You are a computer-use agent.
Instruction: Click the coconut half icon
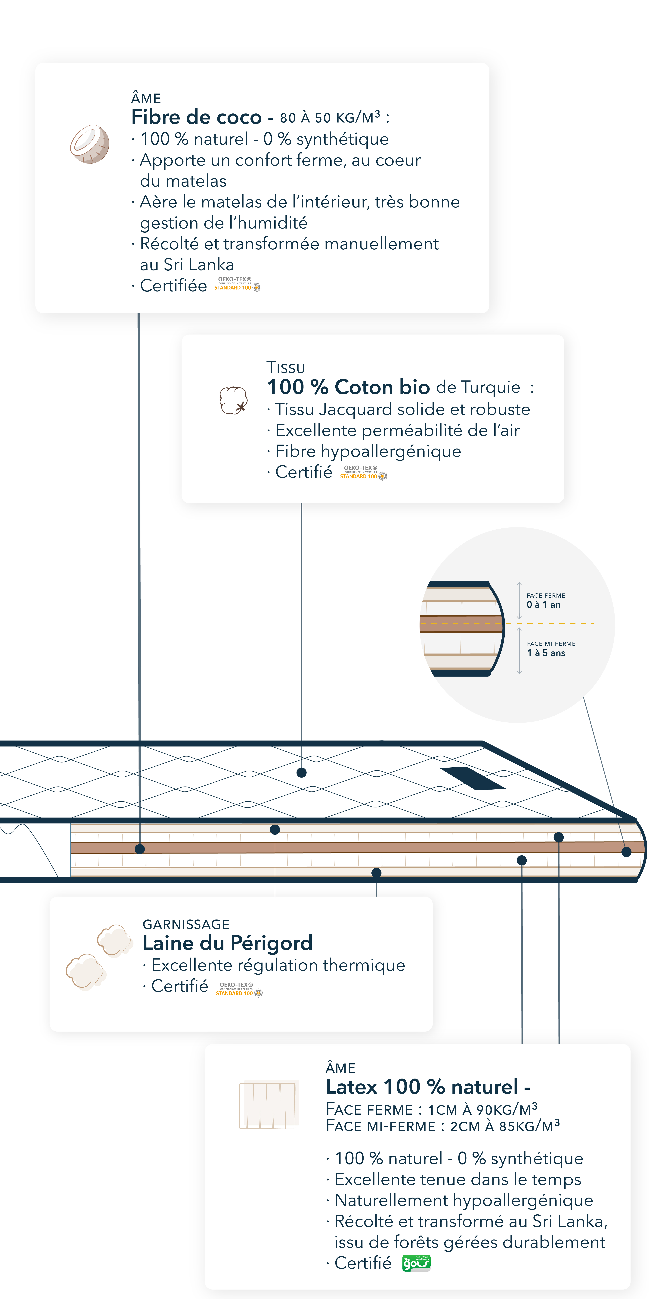(x=90, y=144)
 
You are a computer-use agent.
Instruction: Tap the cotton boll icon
(x=233, y=400)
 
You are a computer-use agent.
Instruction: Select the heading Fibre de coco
(x=197, y=117)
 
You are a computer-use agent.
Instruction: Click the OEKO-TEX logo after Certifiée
(x=237, y=284)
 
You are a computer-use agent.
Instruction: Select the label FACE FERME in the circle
(x=546, y=596)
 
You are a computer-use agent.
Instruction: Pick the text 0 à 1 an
(x=543, y=605)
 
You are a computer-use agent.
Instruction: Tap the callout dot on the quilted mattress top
(x=301, y=772)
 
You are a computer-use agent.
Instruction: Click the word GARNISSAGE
(x=186, y=924)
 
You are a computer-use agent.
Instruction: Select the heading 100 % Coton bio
(x=348, y=387)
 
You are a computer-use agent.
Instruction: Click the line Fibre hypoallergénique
(x=368, y=451)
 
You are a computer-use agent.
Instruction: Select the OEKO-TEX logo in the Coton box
(x=363, y=473)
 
